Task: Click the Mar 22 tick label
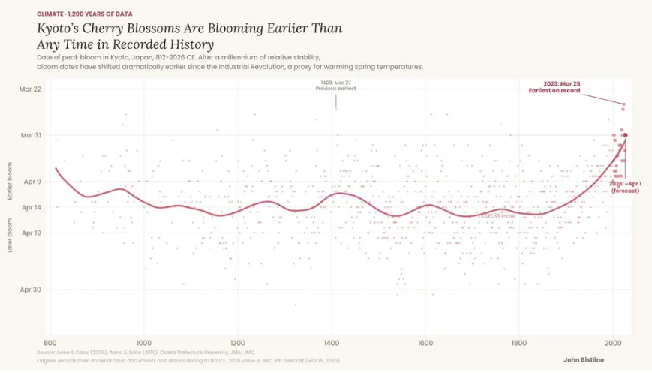pyautogui.click(x=31, y=89)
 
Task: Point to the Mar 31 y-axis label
pyautogui.click(x=31, y=135)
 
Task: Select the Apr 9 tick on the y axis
pyautogui.click(x=32, y=182)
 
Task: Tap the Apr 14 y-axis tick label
pyautogui.click(x=32, y=207)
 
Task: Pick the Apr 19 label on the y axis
pyautogui.click(x=32, y=233)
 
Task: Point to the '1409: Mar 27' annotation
pyautogui.click(x=335, y=83)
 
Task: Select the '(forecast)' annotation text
pyautogui.click(x=625, y=191)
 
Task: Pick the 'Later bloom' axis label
pyautogui.click(x=11, y=235)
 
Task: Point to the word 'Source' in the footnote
pyautogui.click(x=46, y=351)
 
